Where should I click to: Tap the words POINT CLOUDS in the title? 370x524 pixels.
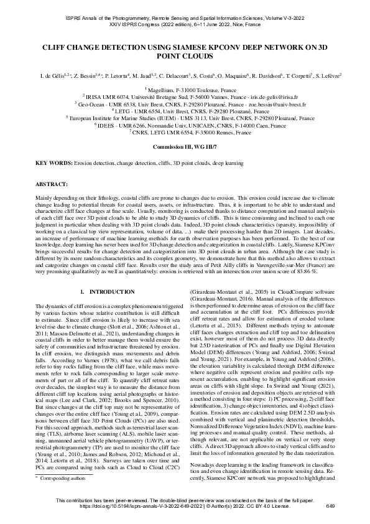[185, 55]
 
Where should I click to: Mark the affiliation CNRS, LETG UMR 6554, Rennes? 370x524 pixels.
[185, 131]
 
